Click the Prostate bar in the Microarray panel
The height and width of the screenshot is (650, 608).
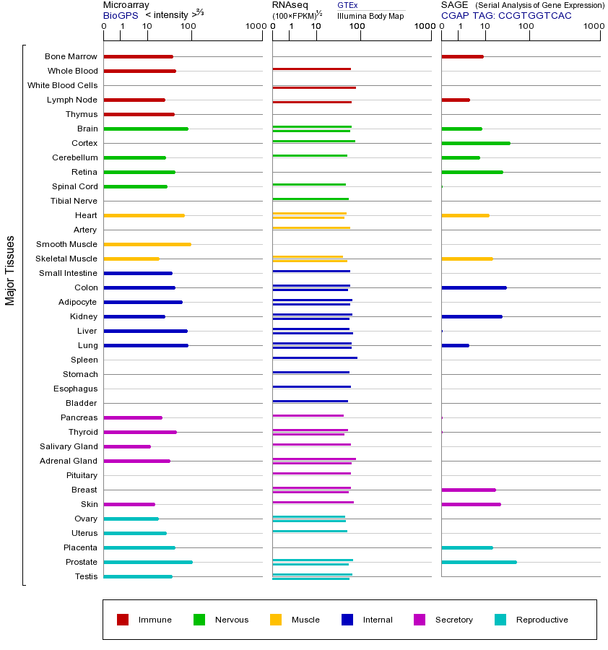click(148, 562)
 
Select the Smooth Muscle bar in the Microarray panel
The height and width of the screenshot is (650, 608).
click(147, 244)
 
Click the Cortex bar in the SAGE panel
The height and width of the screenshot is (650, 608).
click(475, 143)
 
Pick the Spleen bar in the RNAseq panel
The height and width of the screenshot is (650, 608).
click(314, 357)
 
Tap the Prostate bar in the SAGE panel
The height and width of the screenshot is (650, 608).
click(479, 562)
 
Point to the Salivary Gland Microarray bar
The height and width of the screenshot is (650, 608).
click(127, 446)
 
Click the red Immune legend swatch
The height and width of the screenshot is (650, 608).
click(123, 620)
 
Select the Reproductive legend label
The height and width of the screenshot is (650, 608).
click(542, 620)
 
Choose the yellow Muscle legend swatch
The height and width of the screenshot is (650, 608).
click(276, 620)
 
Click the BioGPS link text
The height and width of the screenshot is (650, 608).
click(120, 15)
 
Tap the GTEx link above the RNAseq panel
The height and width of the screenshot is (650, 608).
click(347, 5)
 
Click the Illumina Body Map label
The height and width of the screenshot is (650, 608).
click(370, 16)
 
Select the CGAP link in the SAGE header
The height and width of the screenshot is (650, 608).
click(455, 15)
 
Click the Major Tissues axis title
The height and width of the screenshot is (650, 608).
click(10, 270)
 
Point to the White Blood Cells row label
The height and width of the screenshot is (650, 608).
click(62, 85)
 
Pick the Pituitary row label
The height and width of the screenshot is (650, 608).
click(82, 475)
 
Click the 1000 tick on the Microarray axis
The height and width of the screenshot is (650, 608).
click(254, 27)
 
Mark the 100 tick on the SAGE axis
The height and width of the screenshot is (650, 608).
click(526, 27)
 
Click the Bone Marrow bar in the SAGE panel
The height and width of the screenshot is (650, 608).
click(462, 56)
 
